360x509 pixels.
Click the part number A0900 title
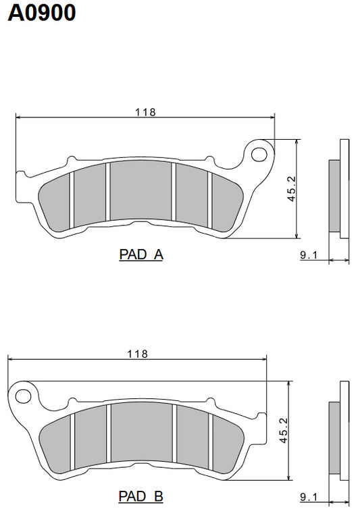(x=42, y=13)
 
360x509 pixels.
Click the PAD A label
(x=141, y=255)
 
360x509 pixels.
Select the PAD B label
(x=141, y=497)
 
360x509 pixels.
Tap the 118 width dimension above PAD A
(x=145, y=112)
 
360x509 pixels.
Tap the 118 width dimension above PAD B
(x=137, y=353)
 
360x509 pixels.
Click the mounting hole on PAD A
(x=259, y=154)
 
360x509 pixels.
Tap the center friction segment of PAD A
(x=140, y=192)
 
